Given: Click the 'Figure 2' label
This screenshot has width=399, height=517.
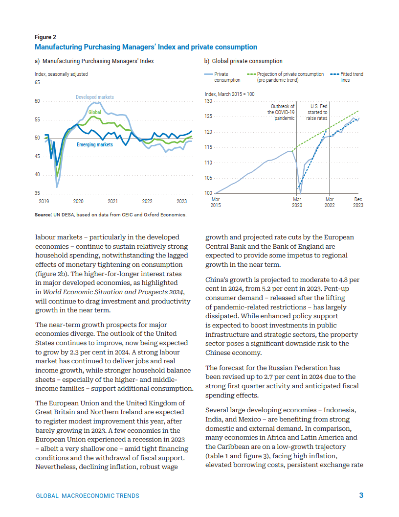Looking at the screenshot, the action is click(x=45, y=37).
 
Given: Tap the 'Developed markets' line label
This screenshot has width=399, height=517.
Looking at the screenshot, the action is click(x=95, y=97).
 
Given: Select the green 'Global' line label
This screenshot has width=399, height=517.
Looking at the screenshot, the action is click(x=95, y=112).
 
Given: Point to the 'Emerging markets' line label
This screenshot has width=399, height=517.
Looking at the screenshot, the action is click(x=95, y=144).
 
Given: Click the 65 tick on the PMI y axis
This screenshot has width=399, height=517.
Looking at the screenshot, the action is click(x=37, y=82).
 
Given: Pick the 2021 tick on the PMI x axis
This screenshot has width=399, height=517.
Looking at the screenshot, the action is click(x=112, y=201).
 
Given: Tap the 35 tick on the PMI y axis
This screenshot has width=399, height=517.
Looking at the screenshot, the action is click(x=37, y=193).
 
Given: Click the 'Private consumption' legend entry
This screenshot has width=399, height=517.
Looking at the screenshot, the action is click(x=222, y=77).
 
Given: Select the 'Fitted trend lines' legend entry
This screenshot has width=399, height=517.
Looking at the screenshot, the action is click(x=347, y=77).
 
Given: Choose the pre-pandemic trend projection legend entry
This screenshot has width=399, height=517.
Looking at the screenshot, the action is click(x=286, y=77).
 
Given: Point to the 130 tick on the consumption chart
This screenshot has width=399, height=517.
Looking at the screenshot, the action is click(x=208, y=101).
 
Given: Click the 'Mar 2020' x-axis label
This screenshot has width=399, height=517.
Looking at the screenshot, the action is click(x=297, y=202).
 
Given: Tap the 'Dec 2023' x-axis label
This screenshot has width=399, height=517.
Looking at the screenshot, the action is click(x=358, y=202).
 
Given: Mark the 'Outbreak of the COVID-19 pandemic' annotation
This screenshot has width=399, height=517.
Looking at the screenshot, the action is click(x=281, y=112).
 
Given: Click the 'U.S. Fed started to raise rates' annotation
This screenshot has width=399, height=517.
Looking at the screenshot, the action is click(x=317, y=112).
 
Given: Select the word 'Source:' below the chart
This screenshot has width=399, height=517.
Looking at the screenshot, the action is click(x=43, y=214).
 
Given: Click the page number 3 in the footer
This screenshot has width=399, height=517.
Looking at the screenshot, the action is click(x=361, y=495).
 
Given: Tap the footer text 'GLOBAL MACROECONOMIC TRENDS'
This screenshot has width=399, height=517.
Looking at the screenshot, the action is click(x=88, y=496).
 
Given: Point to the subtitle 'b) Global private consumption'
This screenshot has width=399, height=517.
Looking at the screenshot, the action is click(x=244, y=61).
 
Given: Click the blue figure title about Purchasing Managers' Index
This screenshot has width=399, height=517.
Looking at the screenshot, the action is click(x=146, y=47).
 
